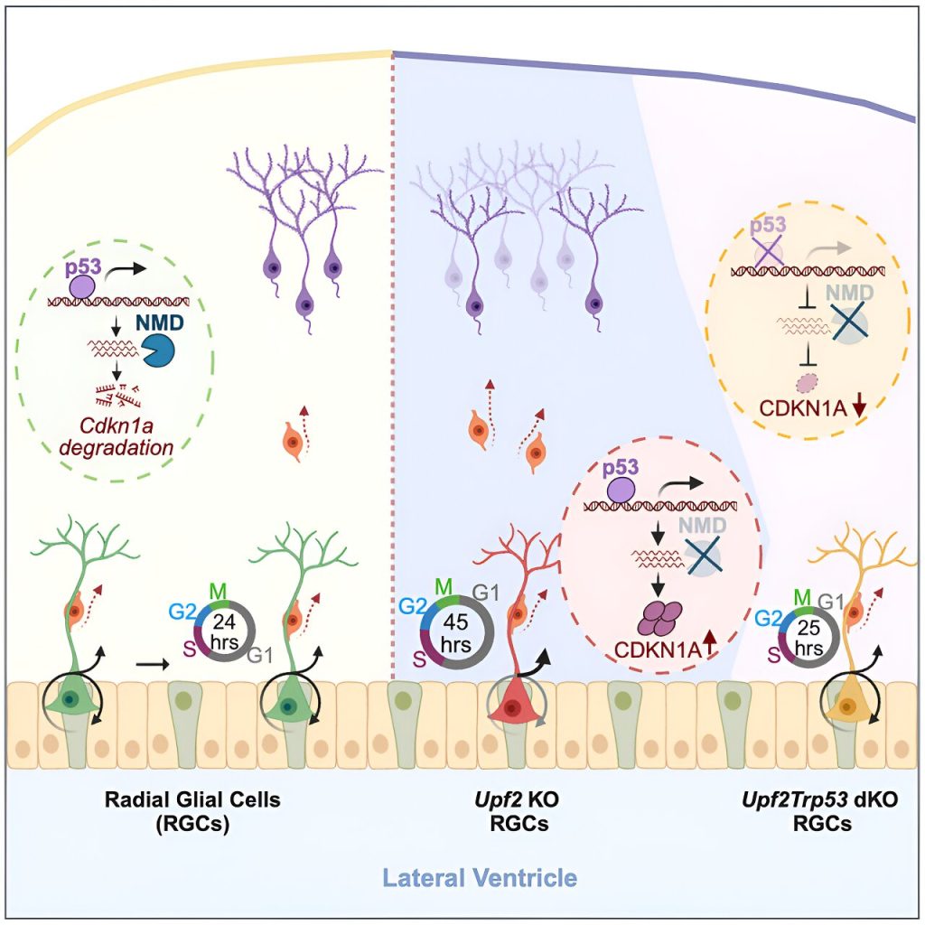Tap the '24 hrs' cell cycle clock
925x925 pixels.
coord(225,631)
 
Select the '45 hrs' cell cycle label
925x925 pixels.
coord(456,632)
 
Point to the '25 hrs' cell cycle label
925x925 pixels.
coord(808,638)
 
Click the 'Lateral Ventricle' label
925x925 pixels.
coord(480,877)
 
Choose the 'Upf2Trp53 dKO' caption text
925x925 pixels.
coord(819,800)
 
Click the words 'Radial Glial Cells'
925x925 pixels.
coord(192,799)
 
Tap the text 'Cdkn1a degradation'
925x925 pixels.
coord(117,435)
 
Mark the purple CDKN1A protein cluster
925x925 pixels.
coord(659,619)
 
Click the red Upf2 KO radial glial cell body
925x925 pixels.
coord(512,705)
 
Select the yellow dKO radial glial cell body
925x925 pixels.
coord(847,705)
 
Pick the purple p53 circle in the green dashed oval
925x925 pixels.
coord(81,287)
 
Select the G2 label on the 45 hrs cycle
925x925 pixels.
coord(413,606)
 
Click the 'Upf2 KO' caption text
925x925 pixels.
coord(517,800)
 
